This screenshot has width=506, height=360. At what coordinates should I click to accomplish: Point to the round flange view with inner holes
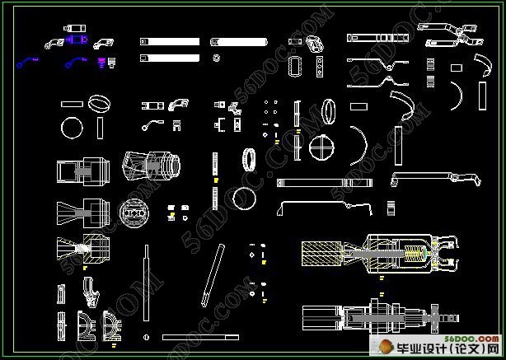pos(132,213)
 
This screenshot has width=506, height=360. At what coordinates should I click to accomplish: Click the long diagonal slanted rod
pos(212,274)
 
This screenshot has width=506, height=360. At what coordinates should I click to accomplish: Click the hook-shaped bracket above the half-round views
pos(91,288)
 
